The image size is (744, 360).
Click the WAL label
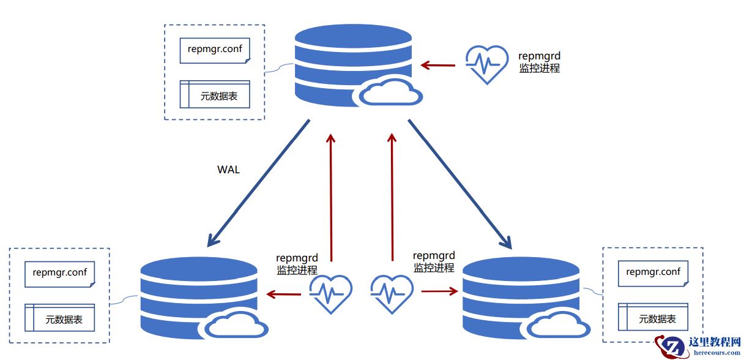tap(228, 170)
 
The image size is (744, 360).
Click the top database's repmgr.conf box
tap(215, 50)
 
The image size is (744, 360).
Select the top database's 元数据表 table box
tap(215, 95)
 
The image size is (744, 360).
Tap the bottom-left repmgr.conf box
tap(60, 274)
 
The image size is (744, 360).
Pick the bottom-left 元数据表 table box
tap(60, 318)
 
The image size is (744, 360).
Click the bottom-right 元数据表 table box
tap(653, 318)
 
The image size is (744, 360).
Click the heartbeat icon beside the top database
tap(486, 64)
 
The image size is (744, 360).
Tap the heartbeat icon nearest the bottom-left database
tap(331, 294)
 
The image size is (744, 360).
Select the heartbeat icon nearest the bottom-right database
tap(392, 294)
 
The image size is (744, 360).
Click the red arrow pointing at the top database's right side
tap(437, 64)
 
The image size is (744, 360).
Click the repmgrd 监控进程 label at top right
tap(539, 62)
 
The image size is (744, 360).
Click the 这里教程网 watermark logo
tap(697, 347)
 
